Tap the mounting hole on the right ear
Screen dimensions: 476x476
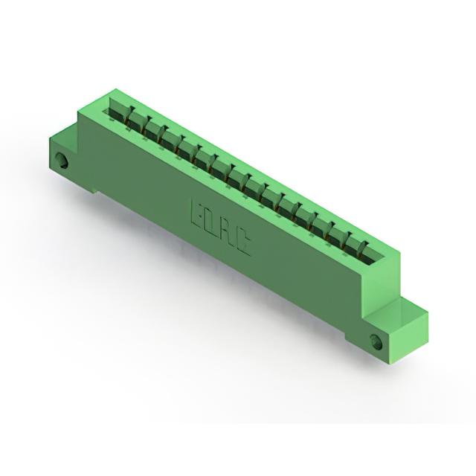(376, 341)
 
